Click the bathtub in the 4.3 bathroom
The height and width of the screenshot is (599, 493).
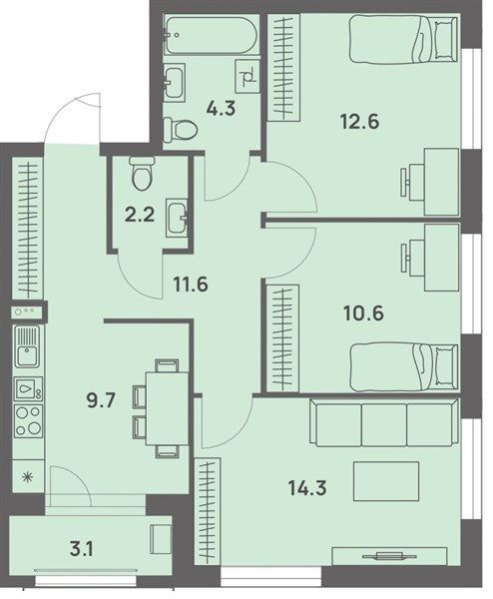pyautogui.click(x=210, y=35)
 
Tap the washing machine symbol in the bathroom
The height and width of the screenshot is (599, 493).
pyautogui.click(x=247, y=77)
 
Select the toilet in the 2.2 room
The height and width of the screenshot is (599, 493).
pyautogui.click(x=142, y=174)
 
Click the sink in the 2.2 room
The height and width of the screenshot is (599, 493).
pyautogui.click(x=177, y=218)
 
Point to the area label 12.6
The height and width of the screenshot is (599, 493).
pyautogui.click(x=359, y=123)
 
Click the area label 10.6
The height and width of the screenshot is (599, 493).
pyautogui.click(x=364, y=314)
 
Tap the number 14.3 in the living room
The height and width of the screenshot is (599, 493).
pyautogui.click(x=307, y=488)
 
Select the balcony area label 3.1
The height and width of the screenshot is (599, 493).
pyautogui.click(x=82, y=550)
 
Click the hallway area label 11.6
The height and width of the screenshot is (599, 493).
pyautogui.click(x=191, y=285)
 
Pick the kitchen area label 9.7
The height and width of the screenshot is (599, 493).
pyautogui.click(x=101, y=402)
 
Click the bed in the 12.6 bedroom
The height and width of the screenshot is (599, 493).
pyautogui.click(x=403, y=38)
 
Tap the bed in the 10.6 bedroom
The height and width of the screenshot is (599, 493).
pyautogui.click(x=403, y=367)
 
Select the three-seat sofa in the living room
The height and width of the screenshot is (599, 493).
pyautogui.click(x=384, y=422)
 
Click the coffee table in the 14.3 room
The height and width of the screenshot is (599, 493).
pyautogui.click(x=386, y=481)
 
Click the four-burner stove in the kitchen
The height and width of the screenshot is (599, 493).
pyautogui.click(x=28, y=421)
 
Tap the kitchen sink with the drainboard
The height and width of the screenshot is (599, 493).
pyautogui.click(x=28, y=346)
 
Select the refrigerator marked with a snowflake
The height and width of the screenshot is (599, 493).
pyautogui.click(x=28, y=476)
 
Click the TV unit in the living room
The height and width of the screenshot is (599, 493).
pyautogui.click(x=389, y=556)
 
